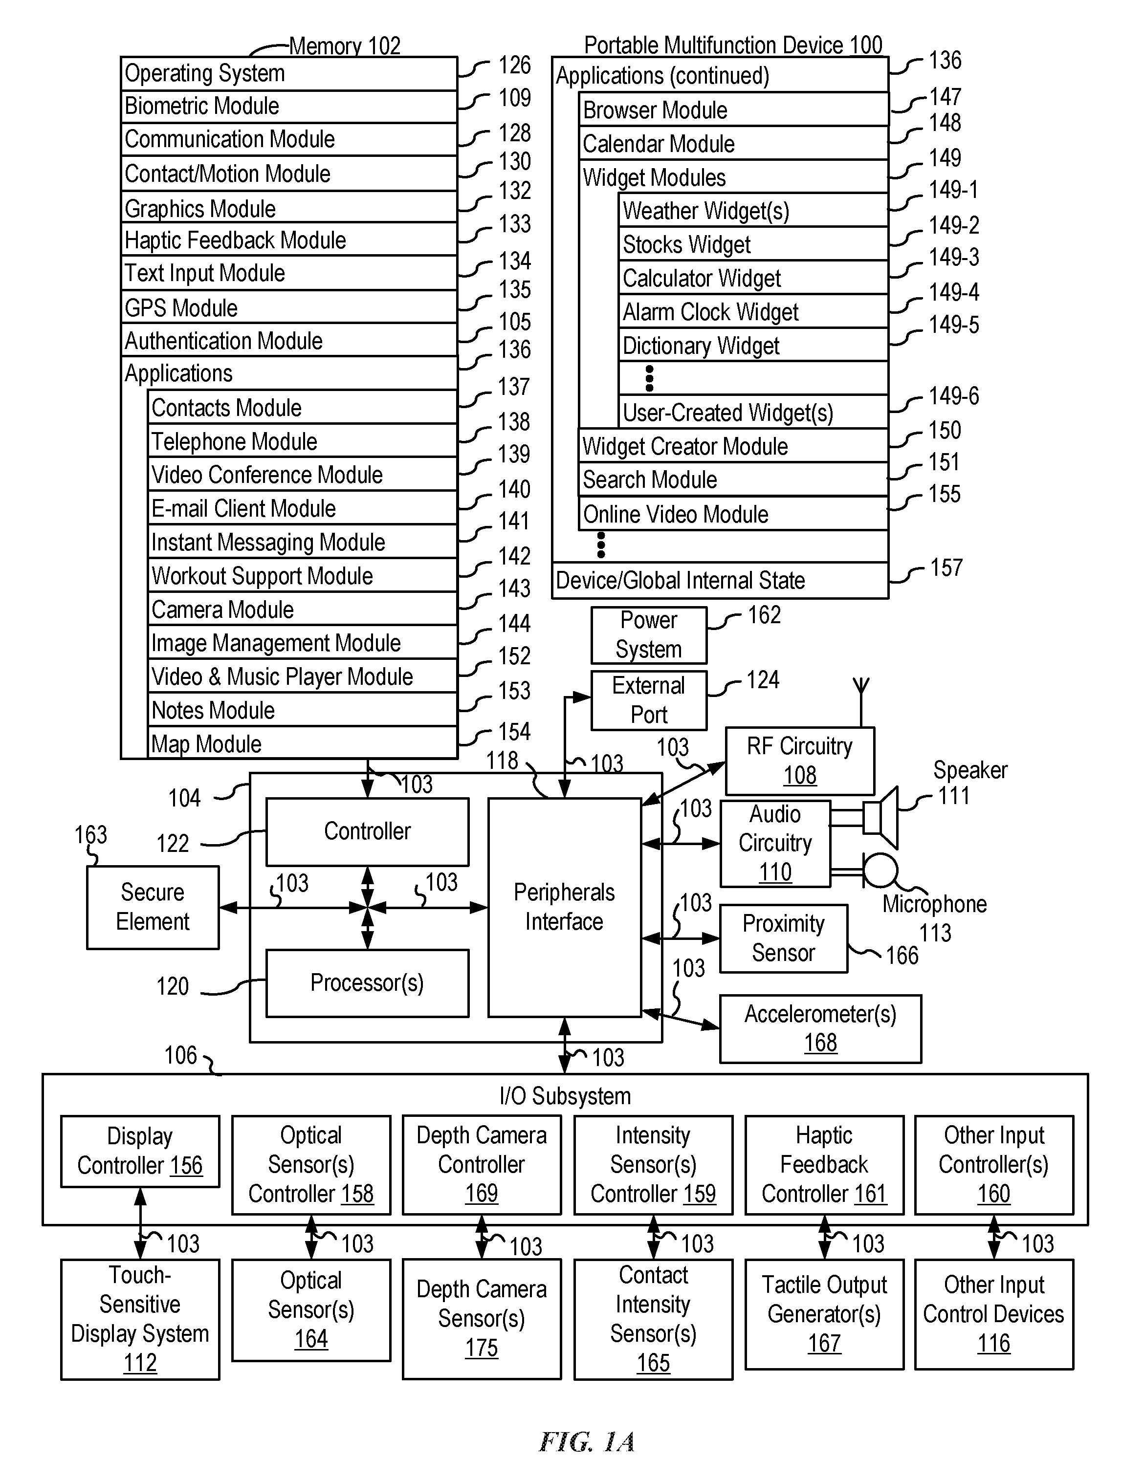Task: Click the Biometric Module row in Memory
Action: [289, 107]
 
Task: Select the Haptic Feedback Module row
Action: [289, 240]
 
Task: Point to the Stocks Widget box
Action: [753, 244]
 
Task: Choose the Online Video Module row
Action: [734, 514]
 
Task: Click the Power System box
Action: [649, 635]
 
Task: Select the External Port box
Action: [649, 700]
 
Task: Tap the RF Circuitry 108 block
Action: [800, 761]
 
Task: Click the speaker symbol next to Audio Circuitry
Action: [880, 818]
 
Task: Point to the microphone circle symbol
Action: [880, 870]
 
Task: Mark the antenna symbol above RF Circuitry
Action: [861, 702]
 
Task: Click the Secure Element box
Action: [153, 907]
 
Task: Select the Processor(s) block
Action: [367, 982]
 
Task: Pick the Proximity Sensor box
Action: [783, 938]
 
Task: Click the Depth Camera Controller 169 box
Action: [482, 1165]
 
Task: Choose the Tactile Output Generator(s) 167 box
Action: [824, 1314]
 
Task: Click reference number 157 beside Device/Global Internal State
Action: [946, 567]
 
